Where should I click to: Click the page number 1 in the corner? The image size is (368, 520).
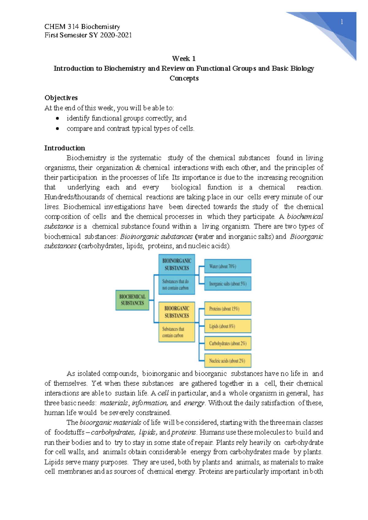coord(342,22)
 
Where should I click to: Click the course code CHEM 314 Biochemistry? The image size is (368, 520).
coord(82,27)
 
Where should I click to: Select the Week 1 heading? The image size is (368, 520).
coord(184,59)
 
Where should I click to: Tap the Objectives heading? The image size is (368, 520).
coord(61,98)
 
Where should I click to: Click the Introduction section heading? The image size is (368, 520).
coord(64,148)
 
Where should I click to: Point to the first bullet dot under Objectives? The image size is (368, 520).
coord(57,118)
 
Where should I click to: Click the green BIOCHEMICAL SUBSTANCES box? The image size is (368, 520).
coord(132,300)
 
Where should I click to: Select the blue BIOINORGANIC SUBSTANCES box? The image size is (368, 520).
coord(177,264)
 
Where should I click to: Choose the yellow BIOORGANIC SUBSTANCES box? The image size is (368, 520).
coord(177,312)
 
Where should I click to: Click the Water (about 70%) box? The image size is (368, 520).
coord(228,266)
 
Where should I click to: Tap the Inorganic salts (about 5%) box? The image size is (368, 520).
coord(228,284)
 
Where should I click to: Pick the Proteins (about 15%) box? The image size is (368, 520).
coord(228,309)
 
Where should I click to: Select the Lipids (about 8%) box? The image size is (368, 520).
coord(228,326)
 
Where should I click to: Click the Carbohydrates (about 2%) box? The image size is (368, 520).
coord(228,343)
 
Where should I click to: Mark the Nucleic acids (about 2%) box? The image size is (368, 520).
coord(228,361)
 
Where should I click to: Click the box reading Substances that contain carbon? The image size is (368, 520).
coord(177,332)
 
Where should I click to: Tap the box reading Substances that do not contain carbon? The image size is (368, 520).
coord(177,285)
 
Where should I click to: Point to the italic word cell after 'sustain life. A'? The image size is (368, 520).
coord(163,393)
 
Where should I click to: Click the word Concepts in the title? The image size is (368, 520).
coord(184,78)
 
